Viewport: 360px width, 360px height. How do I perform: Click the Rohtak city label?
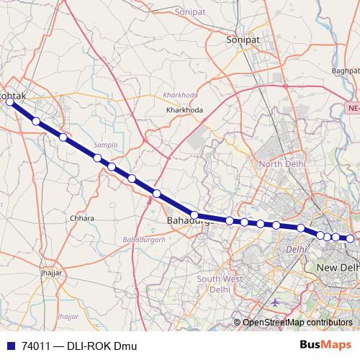(17, 94)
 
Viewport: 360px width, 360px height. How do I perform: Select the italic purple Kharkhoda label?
(180, 95)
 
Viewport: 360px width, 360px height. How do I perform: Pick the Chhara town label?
(83, 217)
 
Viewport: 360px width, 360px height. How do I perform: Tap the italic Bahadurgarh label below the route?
(144, 238)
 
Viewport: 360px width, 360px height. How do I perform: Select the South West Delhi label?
(213, 284)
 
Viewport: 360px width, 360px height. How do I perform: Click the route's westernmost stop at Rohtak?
(10, 102)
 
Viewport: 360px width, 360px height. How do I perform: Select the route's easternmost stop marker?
(350, 238)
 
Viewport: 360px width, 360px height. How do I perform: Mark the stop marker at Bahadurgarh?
(194, 215)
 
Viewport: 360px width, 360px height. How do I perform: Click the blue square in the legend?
(9, 346)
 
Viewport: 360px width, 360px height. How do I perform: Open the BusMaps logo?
(330, 345)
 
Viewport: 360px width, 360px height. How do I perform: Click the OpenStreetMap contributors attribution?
(297, 323)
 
